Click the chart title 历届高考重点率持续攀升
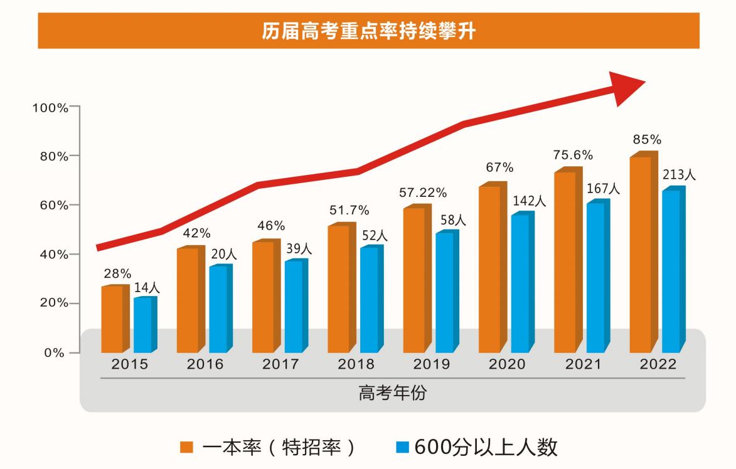coord(368,31)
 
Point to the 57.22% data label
coord(422,192)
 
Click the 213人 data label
coord(679,175)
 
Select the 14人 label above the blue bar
coord(147,288)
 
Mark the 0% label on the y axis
coord(56,353)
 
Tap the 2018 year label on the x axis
coord(356,364)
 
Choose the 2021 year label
coord(582,364)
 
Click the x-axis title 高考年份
coord(393,393)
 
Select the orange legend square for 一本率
coord(186,447)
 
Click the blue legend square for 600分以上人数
coord(403,447)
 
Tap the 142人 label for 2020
coord(528,201)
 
